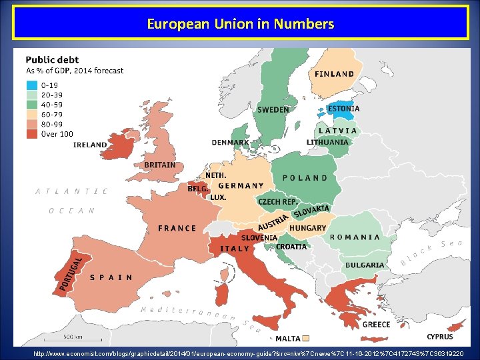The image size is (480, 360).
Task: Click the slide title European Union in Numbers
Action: click(240, 25)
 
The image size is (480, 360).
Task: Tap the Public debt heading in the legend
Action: click(52, 60)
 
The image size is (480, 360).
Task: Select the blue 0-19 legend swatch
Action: click(32, 85)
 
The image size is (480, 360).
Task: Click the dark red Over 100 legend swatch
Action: click(32, 134)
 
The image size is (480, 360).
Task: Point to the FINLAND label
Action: click(334, 74)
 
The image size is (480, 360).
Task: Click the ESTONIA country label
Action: click(343, 109)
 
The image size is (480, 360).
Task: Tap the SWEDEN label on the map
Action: click(273, 110)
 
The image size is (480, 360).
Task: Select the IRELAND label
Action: click(90, 145)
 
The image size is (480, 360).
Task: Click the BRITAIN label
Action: click(160, 165)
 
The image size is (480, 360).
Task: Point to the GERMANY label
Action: click(241, 186)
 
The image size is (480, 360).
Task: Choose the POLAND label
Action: click(305, 178)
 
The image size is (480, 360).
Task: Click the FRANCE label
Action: click(177, 228)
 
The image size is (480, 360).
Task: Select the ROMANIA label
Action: click(355, 237)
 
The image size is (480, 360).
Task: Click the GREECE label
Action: click(376, 325)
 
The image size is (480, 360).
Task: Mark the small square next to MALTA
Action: click(306, 338)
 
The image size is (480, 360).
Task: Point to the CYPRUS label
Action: click(440, 337)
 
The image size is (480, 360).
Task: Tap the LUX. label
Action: click(218, 197)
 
